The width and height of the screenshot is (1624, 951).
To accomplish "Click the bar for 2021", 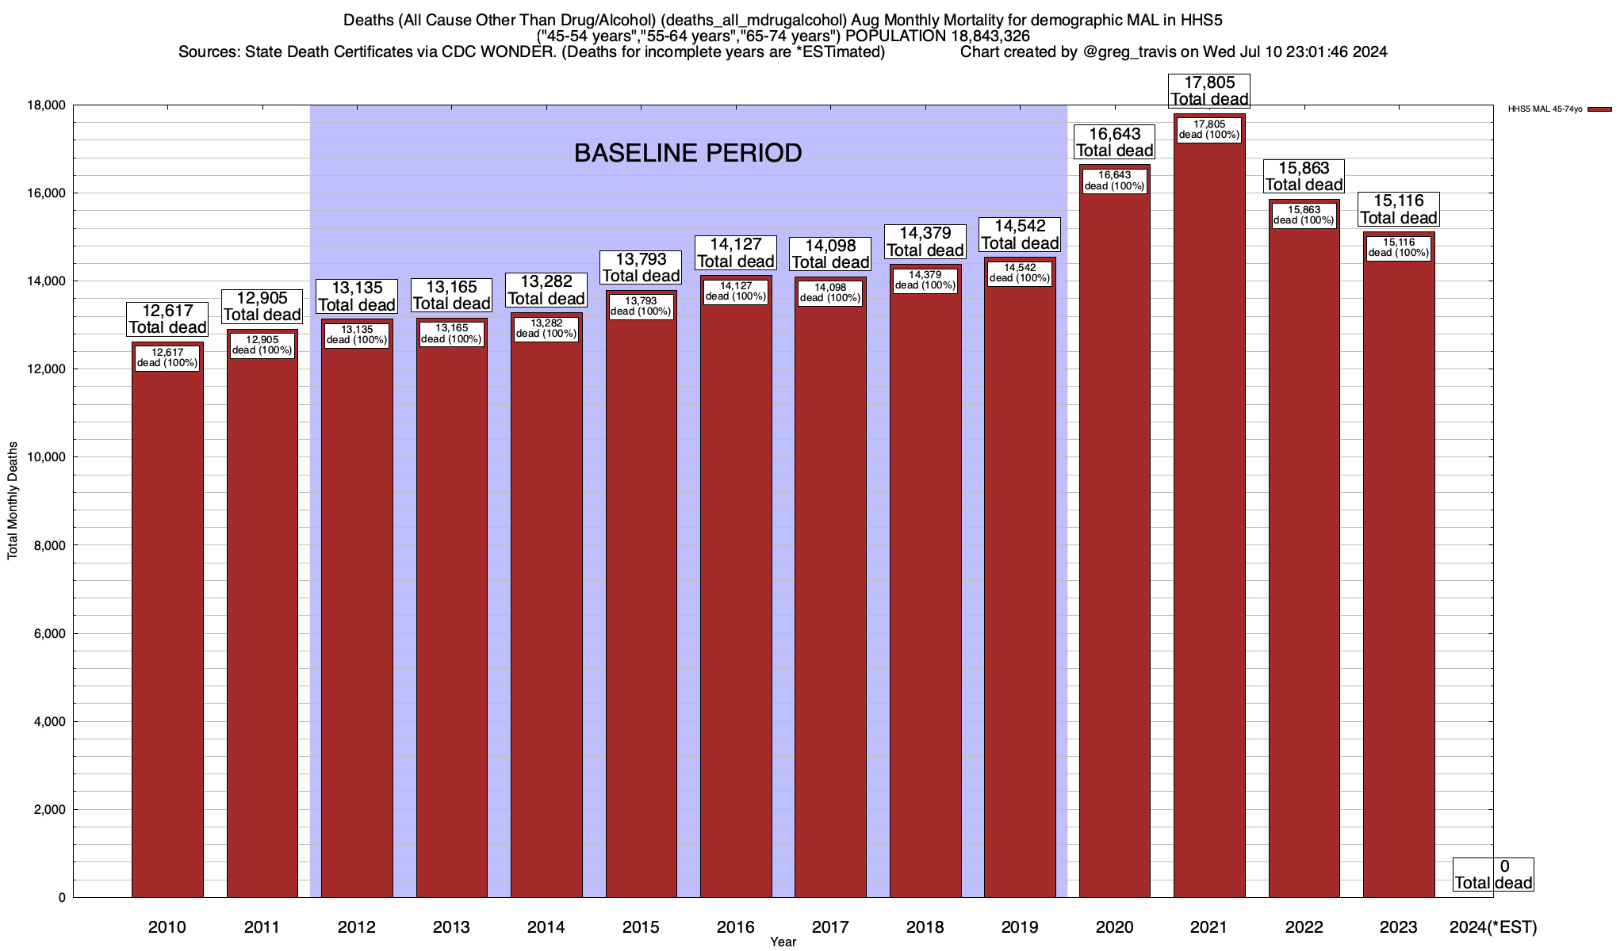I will point(1209,515).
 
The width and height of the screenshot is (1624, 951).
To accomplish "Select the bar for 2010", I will point(167,626).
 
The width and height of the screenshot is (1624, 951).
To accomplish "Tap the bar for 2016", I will point(736,594).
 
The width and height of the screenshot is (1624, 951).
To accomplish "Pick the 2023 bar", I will point(1399,571).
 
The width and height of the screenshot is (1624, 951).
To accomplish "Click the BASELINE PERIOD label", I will point(688,153).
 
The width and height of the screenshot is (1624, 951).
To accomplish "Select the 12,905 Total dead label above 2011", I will point(262,306).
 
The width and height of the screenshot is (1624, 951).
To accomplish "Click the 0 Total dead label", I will point(1493,874).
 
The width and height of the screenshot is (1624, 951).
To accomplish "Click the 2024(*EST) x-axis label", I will point(1492,927).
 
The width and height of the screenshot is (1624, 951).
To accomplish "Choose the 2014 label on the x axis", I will point(546,927).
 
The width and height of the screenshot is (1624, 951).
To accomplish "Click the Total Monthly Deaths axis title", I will point(13,501).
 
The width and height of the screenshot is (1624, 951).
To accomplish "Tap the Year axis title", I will point(783,942).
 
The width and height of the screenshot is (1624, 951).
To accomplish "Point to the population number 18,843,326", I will point(985,36).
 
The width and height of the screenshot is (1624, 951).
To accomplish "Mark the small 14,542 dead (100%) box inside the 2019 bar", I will point(1020,273).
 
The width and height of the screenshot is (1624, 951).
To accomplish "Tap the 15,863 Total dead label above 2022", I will point(1304,176).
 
